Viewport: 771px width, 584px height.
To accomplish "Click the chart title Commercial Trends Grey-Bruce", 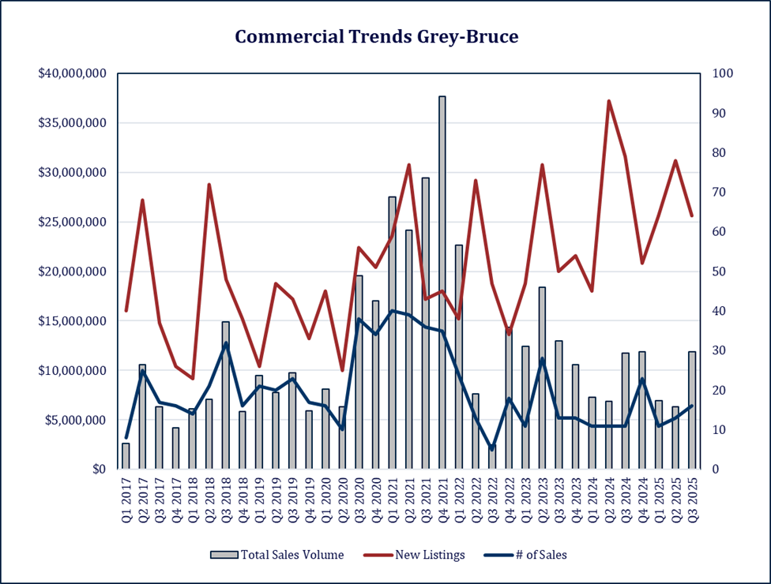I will point(376,37).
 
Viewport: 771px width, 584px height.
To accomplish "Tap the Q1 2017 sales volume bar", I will point(126,456).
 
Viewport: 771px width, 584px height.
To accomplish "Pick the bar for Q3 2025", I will point(692,410).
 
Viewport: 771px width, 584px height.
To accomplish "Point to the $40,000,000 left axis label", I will point(72,73).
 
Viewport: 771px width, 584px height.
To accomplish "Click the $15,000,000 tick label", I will point(72,321).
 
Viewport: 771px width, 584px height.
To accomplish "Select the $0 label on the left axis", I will point(97,470).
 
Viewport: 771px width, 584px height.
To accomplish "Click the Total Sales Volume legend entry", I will point(277,555).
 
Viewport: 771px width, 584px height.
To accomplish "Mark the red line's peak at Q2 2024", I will point(609,101).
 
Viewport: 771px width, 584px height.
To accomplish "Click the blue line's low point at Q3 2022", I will point(492,449).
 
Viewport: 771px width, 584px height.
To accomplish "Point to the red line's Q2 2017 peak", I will point(142,200).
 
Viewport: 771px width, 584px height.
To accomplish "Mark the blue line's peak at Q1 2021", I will point(392,311).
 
